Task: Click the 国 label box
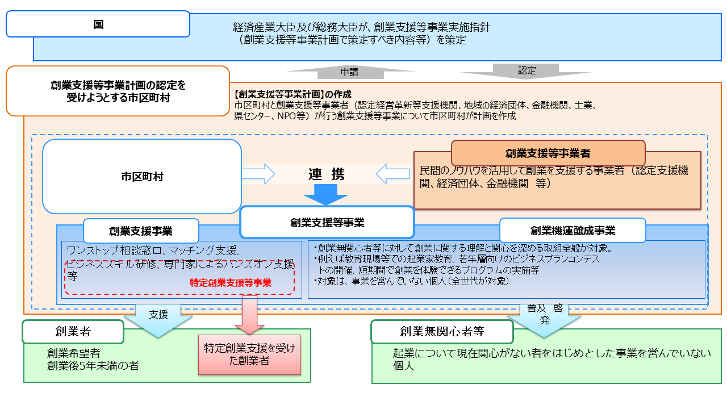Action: tap(98, 24)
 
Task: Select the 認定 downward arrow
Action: tap(526, 72)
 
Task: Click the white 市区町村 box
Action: tap(142, 177)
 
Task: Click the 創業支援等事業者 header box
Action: tap(548, 153)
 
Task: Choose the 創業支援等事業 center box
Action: tap(327, 222)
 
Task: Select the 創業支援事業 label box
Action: tap(141, 231)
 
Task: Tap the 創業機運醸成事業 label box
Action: tap(573, 231)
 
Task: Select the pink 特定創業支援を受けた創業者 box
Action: tap(249, 354)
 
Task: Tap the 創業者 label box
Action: tap(73, 331)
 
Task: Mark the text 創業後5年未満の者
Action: tap(93, 366)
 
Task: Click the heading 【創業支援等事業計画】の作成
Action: tap(293, 94)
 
